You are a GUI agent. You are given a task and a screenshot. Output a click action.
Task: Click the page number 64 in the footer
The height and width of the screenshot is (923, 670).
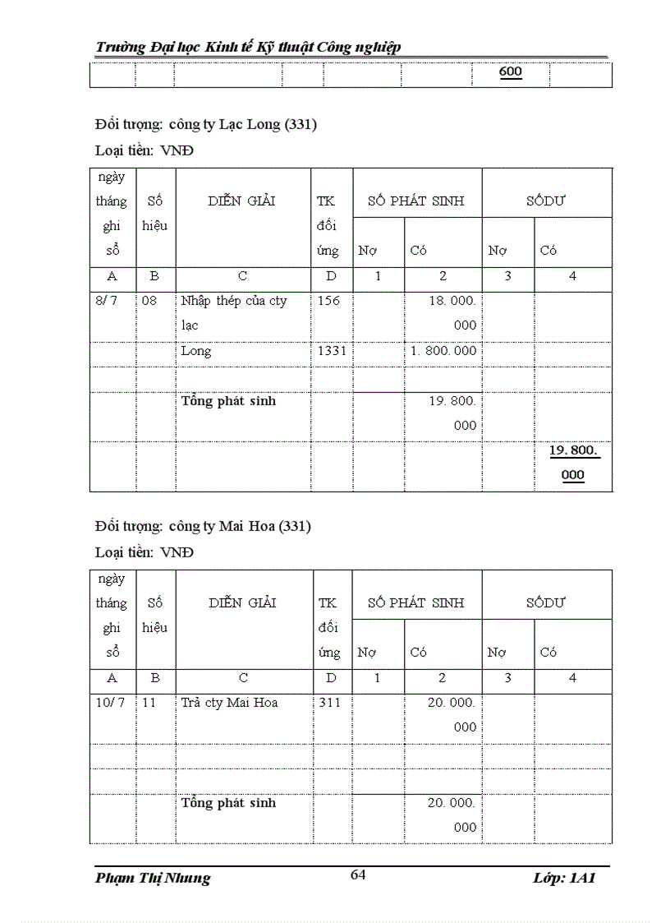[x=358, y=875]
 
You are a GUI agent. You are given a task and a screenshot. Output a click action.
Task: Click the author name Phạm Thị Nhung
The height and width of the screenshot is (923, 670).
[x=153, y=878]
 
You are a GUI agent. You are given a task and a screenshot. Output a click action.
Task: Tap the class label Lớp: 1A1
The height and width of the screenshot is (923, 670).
[x=563, y=878]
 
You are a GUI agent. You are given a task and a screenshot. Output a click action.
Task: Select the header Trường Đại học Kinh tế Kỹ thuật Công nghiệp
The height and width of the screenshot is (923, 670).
[x=248, y=47]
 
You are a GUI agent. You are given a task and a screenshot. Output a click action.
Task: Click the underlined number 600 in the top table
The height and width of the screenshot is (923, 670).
[x=510, y=72]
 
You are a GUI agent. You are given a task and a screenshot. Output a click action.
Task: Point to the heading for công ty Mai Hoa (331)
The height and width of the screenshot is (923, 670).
[x=203, y=526]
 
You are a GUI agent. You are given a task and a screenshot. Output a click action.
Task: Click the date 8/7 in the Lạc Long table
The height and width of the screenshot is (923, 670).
[x=107, y=301]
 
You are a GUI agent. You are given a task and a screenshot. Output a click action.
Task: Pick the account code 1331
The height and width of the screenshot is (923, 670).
[x=332, y=351]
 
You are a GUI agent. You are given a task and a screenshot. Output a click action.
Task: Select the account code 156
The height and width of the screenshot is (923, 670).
[x=328, y=301]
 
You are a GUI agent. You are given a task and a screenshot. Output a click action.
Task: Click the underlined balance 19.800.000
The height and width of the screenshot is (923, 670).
[x=574, y=463]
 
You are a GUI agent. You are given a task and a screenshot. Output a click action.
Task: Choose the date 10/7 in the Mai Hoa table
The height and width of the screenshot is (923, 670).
[x=110, y=703]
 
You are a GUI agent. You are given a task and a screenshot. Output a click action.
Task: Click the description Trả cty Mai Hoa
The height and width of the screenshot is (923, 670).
[x=230, y=703]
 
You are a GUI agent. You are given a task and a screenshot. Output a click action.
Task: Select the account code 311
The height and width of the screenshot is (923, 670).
[x=328, y=703]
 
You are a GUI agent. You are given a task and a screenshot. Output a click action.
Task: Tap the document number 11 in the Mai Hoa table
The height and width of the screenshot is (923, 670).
[x=149, y=703]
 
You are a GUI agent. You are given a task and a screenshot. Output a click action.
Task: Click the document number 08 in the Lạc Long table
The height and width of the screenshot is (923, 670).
[x=149, y=301]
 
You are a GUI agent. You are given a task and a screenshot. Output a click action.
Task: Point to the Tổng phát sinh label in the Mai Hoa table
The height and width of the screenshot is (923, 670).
[x=229, y=803]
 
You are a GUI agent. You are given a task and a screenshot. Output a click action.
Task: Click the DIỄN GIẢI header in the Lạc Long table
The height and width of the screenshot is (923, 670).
[x=242, y=201]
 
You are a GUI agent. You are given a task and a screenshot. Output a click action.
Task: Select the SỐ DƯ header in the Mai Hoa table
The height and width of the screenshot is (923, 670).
[x=546, y=602]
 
